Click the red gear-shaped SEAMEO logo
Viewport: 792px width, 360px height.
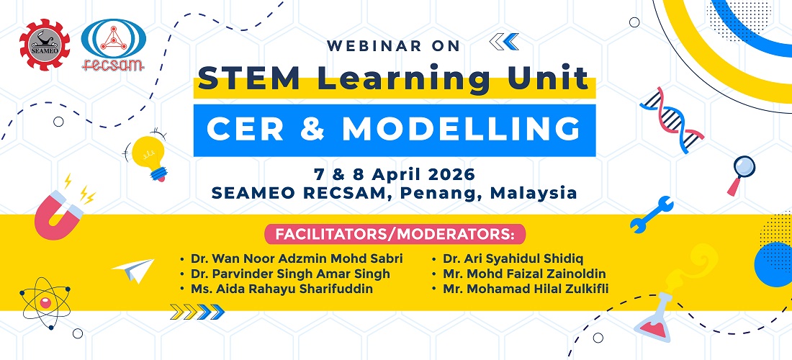(45, 45)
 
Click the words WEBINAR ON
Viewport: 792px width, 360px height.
(393, 46)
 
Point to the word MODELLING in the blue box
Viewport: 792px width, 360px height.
(461, 130)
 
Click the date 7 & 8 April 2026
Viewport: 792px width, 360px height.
(394, 174)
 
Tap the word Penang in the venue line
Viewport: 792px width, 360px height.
(456, 193)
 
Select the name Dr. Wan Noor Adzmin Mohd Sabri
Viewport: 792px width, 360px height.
(297, 259)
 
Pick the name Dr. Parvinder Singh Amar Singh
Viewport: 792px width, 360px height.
(290, 274)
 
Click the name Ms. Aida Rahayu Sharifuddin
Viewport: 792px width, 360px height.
(282, 289)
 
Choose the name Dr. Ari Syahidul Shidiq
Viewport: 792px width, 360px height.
(513, 259)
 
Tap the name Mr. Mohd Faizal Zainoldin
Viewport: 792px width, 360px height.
(524, 274)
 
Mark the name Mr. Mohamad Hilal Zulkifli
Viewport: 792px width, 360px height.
(526, 289)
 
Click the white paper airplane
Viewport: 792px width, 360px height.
(133, 271)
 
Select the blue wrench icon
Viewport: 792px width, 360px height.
(652, 214)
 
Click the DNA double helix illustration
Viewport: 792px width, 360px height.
(671, 120)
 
